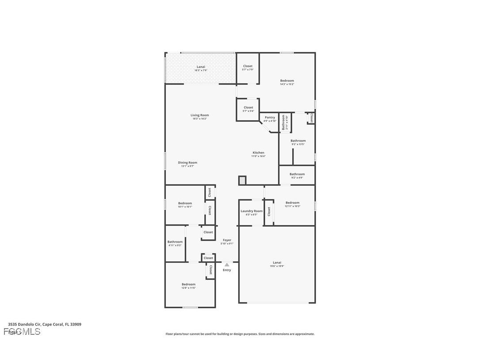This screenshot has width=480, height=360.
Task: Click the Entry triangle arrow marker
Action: click(x=227, y=264)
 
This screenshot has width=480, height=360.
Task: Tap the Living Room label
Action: click(x=200, y=115)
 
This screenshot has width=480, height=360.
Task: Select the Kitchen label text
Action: click(x=259, y=153)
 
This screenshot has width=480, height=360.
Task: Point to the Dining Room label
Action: click(x=187, y=163)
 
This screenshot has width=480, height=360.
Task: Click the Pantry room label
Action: click(x=270, y=118)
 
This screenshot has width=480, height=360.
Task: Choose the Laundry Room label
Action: click(x=251, y=211)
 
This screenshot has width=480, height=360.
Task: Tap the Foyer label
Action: click(x=227, y=240)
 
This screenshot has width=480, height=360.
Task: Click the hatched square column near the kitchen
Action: click(x=242, y=180)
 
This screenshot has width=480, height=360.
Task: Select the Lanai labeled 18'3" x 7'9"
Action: click(x=201, y=67)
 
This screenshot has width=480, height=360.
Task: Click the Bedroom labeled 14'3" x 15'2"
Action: click(x=287, y=81)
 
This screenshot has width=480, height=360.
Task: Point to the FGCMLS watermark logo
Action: click(x=22, y=332)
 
